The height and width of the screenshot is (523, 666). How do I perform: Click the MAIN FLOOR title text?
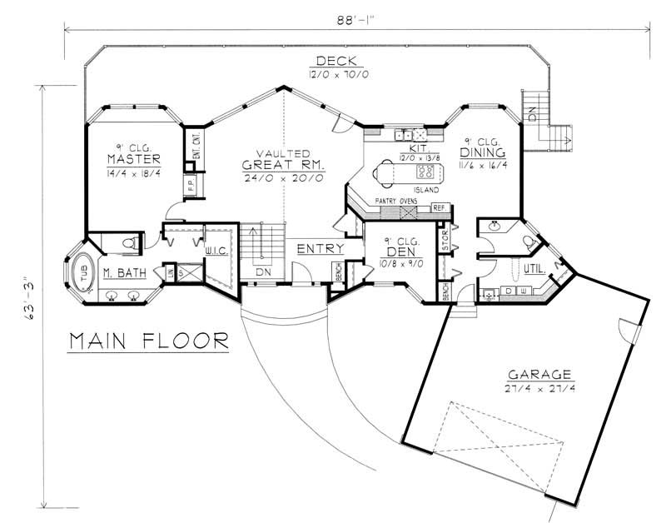149,341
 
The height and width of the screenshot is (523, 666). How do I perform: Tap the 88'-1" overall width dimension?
353,17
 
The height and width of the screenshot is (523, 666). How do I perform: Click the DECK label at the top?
336,61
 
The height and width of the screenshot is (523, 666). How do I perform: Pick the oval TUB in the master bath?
83,273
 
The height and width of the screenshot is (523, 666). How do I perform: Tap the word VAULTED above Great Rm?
283,155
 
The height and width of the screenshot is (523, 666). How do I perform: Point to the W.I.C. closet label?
216,250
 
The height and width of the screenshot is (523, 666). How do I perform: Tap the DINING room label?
482,153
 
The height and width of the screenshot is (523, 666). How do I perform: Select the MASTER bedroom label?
133,159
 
